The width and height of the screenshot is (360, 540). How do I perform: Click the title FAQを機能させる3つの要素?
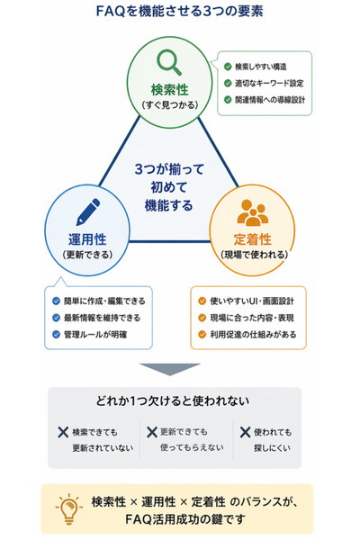(180, 12)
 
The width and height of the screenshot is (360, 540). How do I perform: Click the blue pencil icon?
(87, 212)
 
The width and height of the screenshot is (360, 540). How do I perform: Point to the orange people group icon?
(253, 212)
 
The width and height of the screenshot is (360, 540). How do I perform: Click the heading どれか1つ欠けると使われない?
(173, 400)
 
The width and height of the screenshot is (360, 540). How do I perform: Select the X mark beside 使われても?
(246, 432)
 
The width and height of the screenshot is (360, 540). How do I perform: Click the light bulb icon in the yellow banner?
(69, 508)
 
